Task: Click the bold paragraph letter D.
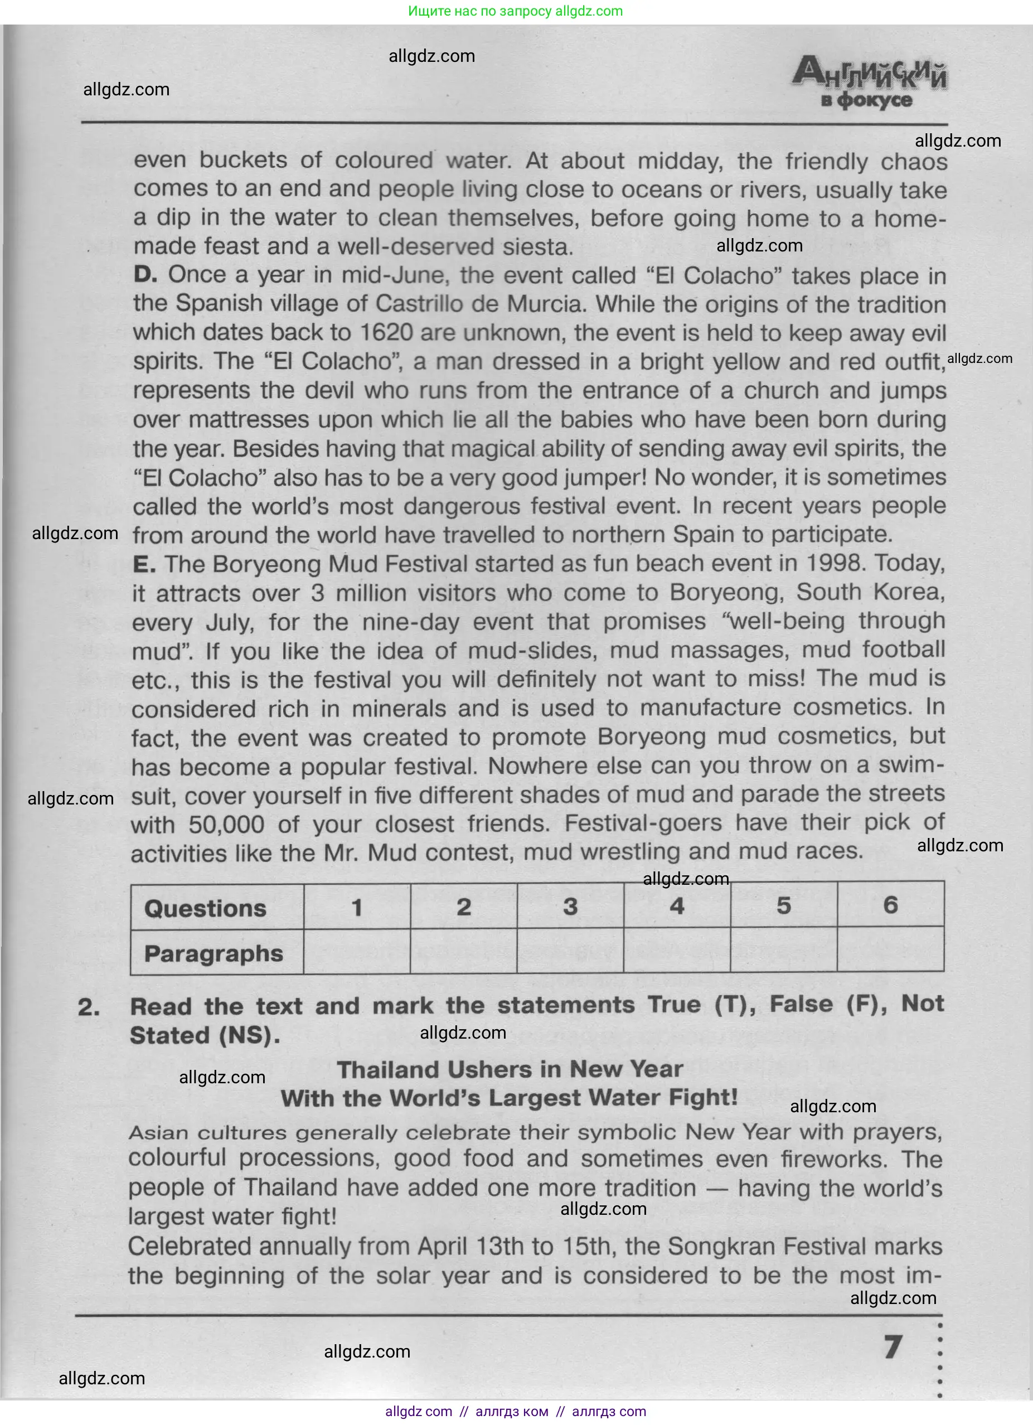point(144,274)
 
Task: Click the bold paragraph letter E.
point(144,564)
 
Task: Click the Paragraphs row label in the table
point(214,954)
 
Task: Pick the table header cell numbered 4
point(677,906)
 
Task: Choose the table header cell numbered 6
point(890,905)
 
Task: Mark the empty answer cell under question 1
point(357,952)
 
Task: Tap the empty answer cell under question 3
point(570,951)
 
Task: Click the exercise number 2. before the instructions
point(89,1007)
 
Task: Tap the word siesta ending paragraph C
point(537,247)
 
